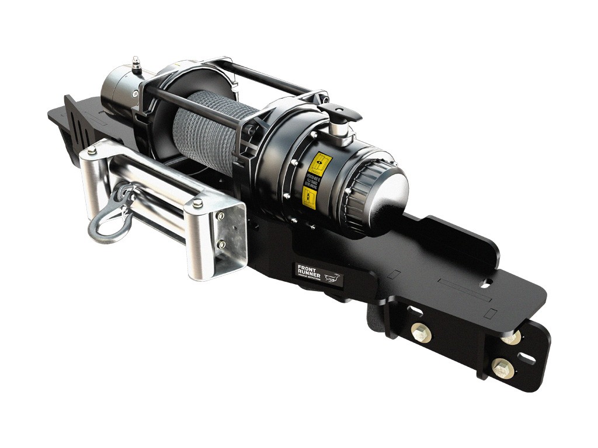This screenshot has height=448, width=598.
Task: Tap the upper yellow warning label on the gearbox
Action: click(x=319, y=165)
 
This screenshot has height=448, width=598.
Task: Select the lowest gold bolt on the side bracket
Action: click(x=502, y=368)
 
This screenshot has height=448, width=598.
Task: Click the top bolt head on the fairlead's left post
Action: click(x=92, y=152)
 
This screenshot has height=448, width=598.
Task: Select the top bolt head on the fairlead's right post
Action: click(x=197, y=203)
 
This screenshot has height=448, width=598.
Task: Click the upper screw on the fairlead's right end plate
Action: click(x=220, y=216)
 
